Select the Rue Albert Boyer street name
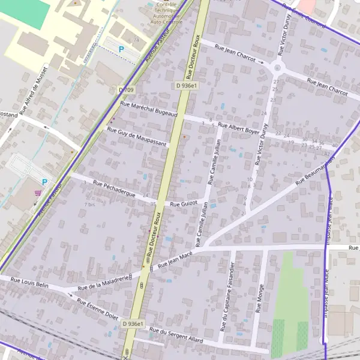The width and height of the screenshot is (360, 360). coord(239,128)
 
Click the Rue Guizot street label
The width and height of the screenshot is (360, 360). coord(184,204)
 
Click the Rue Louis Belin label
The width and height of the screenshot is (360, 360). coord(30,283)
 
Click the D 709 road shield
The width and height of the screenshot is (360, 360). coord(125,89)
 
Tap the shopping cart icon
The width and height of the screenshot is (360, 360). coord(38,193)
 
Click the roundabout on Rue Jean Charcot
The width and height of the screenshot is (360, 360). coord(278,65)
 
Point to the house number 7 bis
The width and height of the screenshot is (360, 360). coord(89,205)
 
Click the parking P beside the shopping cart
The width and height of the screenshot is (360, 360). coord(44,182)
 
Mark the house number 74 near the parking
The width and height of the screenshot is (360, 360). coord(136,40)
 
